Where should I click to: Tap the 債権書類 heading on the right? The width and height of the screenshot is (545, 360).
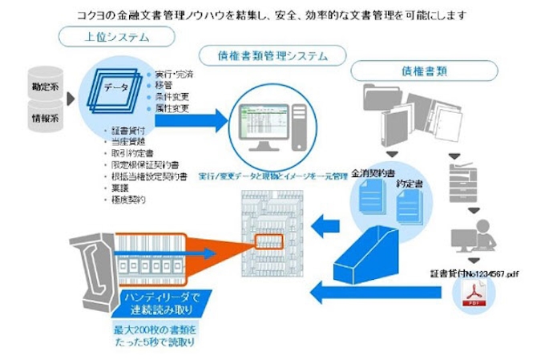pyautogui.click(x=419, y=71)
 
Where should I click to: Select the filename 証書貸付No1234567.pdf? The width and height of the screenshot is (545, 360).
pyautogui.click(x=474, y=274)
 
